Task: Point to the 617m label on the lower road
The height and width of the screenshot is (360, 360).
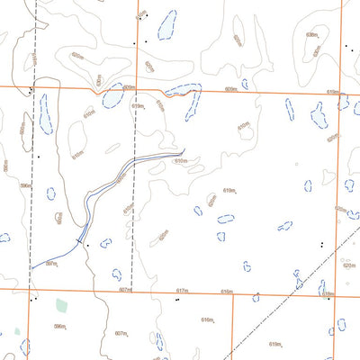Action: click(182, 292)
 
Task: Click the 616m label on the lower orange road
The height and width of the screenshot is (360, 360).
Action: click(226, 292)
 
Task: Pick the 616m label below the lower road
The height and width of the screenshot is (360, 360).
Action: click(207, 319)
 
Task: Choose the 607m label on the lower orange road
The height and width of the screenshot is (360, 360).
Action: click(124, 291)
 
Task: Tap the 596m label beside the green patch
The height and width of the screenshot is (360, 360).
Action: click(60, 326)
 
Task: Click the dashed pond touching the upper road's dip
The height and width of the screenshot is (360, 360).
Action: click(183, 90)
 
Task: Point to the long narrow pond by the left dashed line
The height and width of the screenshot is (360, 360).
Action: click(45, 114)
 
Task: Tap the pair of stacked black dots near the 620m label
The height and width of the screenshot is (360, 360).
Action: click(321, 244)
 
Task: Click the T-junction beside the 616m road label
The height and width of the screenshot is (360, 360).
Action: click(234, 295)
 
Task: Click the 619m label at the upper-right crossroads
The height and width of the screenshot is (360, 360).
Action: click(331, 91)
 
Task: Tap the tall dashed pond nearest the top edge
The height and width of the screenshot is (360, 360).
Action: click(166, 25)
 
